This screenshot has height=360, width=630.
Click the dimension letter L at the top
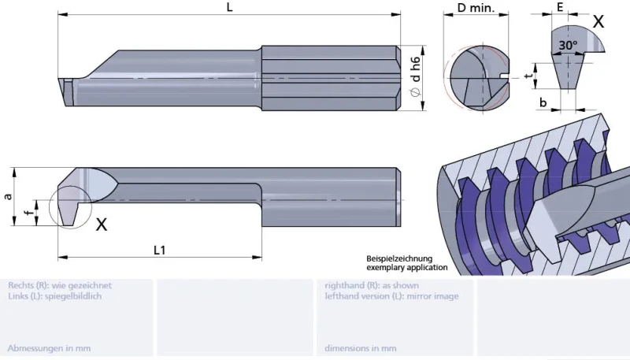pos(229,7)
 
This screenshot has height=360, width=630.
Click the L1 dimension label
pos(159,250)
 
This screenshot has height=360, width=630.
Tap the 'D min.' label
pos(476,8)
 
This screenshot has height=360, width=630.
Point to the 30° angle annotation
pos(568,46)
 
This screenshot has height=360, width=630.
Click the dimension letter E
pos(560,6)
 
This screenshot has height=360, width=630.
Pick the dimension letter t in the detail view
pos(527,76)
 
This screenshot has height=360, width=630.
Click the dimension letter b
pos(543,102)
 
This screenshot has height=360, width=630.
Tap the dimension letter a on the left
pos(9,196)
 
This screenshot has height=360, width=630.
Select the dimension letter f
pos(28,212)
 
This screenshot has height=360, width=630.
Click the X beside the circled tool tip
pos(102,225)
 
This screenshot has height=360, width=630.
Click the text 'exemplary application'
pos(407,268)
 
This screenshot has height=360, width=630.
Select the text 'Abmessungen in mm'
pos(49,347)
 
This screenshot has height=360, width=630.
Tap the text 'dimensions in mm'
pos(361,347)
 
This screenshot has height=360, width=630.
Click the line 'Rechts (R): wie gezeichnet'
pos(60,285)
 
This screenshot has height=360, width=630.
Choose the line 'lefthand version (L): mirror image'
pos(391,296)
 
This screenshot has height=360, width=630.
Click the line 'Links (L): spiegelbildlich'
pos(54,296)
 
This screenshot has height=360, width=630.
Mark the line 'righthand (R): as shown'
pos(372,285)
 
